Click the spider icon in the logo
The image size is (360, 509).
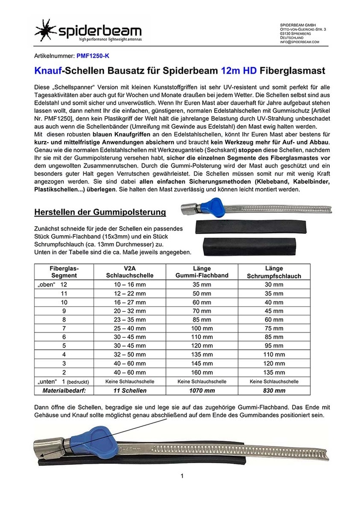point(46,30)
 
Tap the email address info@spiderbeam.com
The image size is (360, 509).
point(299,42)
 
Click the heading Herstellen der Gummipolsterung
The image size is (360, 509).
point(99,213)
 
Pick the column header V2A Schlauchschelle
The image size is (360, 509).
point(126,271)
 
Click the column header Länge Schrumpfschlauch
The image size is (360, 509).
point(274,271)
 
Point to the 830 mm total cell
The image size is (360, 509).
point(274,391)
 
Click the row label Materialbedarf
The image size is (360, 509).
point(59,391)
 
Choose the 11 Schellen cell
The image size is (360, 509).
point(126,391)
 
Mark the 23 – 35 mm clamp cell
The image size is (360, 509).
point(126,320)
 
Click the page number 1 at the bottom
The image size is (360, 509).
point(182,476)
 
